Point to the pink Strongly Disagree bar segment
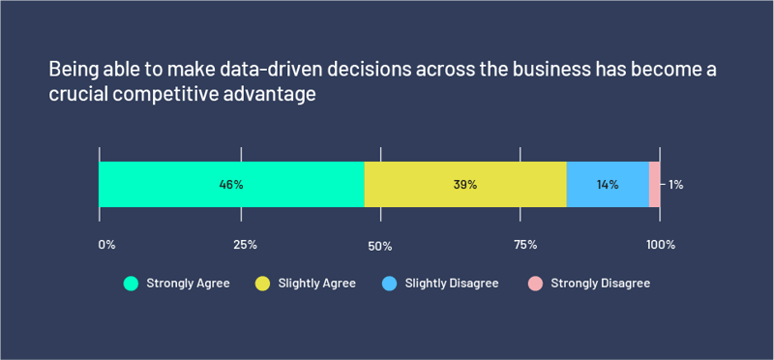[x=655, y=184]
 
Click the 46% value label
[x=231, y=184]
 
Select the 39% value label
[x=465, y=184]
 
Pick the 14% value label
[x=608, y=184]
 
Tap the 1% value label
[x=675, y=184]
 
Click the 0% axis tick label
[x=106, y=245]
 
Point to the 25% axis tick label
[x=245, y=245]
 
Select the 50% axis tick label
[x=379, y=246]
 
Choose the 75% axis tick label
[x=525, y=245]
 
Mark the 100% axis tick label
[x=661, y=245]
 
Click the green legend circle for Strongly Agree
[x=131, y=284]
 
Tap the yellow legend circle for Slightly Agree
[x=262, y=284]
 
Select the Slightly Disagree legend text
[x=452, y=284]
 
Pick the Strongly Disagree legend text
[x=600, y=284]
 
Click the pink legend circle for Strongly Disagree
[x=535, y=284]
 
